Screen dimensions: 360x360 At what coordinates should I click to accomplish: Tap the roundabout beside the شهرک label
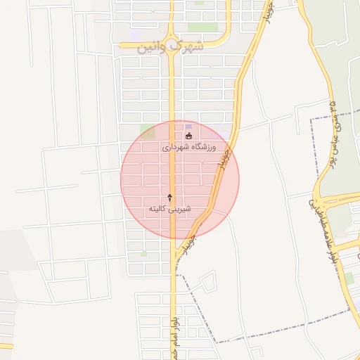(x=172, y=37)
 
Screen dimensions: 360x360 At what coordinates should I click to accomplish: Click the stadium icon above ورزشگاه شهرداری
(x=188, y=136)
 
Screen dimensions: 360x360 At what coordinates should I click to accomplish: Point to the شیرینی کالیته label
(x=169, y=210)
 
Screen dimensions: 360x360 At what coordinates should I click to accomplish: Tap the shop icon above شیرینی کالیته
(x=169, y=198)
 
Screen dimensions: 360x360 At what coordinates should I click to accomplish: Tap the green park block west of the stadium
(x=147, y=131)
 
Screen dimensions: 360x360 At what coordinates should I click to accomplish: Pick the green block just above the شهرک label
(x=202, y=27)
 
